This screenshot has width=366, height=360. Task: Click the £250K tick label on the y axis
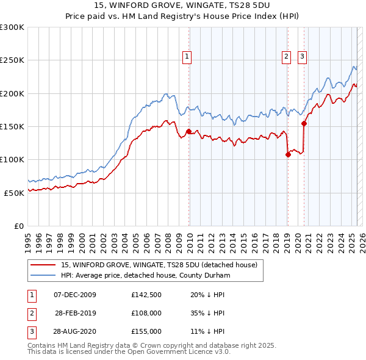tap(12, 60)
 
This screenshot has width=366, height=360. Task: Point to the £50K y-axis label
tap(14, 193)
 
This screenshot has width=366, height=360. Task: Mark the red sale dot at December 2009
tap(188, 131)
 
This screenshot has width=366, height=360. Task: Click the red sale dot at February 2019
tap(288, 154)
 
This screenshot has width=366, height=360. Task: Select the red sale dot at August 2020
tap(304, 123)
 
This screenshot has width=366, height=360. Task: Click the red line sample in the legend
tap(43, 265)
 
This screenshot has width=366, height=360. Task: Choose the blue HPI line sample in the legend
tap(43, 275)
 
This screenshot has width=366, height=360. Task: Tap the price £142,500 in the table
tap(146, 295)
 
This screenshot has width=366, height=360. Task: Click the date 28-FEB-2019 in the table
tap(75, 314)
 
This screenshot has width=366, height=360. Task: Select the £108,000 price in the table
tap(146, 314)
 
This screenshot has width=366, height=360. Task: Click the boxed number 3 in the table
tap(30, 331)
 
